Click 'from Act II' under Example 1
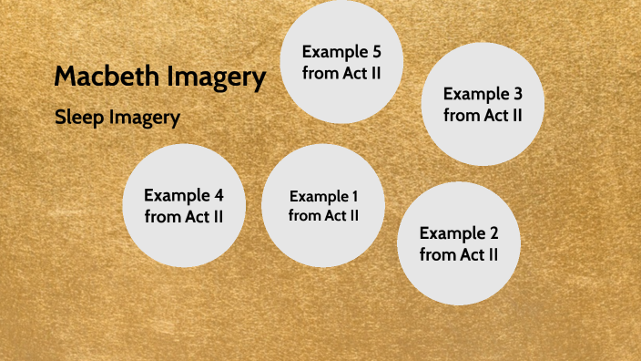point(323,216)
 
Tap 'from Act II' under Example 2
point(459,255)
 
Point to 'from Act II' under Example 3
point(483,116)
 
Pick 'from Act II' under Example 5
point(341,73)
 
